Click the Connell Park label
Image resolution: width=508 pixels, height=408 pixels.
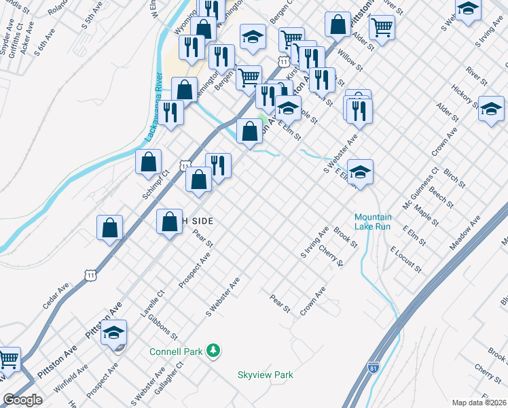[x=177, y=352]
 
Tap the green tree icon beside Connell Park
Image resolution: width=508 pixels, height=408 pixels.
[x=214, y=350]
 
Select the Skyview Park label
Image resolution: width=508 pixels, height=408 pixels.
[x=266, y=375]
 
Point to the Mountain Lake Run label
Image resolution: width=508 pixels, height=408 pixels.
[x=373, y=222]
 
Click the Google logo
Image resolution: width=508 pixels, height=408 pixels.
[x=22, y=400]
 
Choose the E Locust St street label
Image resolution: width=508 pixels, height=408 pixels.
[x=405, y=259]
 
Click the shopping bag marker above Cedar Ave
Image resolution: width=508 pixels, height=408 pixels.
[x=109, y=228]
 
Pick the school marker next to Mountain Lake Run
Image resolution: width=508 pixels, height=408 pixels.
[x=361, y=172]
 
